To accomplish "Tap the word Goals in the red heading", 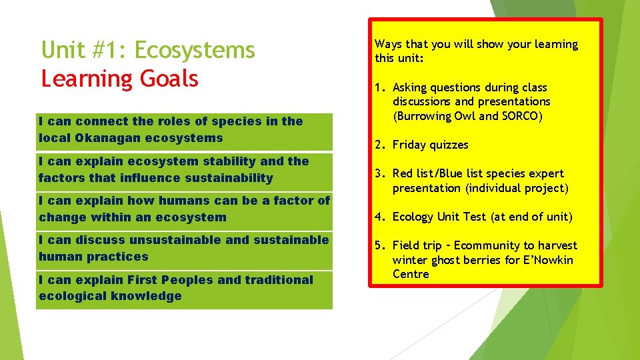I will tap(169, 79).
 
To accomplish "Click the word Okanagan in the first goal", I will tap(108, 138).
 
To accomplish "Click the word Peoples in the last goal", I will tap(185, 280).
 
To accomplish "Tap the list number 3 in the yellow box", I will tap(378, 173).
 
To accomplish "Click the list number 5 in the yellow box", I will tap(378, 245).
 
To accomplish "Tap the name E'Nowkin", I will tap(548, 260).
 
